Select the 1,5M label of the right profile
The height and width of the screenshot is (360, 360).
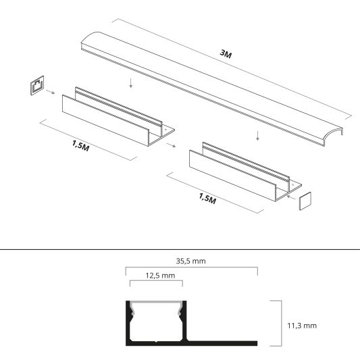(x=209, y=200)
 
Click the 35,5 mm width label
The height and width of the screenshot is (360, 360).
(x=191, y=261)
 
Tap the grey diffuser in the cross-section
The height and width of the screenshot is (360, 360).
(x=155, y=303)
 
